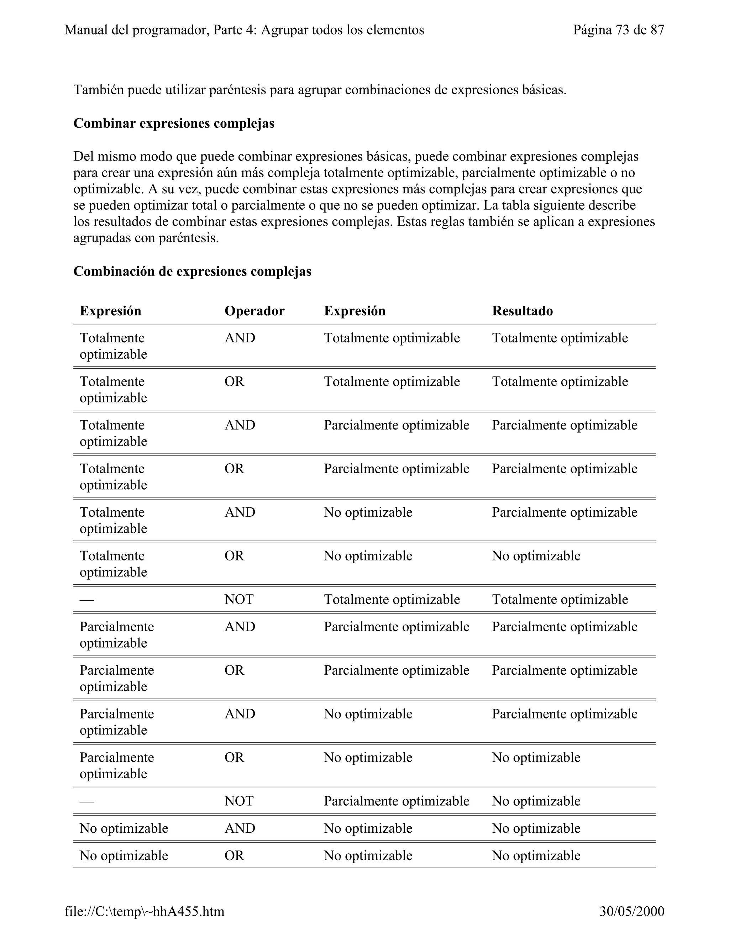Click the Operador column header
[255, 311]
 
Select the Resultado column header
[522, 311]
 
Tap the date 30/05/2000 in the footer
[632, 911]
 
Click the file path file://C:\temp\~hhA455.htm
[144, 911]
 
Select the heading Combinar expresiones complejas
[174, 123]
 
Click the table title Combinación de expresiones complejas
[192, 271]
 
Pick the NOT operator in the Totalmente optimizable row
[239, 599]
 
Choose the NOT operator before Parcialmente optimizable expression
[239, 801]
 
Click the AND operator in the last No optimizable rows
[240, 828]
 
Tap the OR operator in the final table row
[234, 855]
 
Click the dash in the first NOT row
[87, 600]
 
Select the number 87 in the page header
[657, 30]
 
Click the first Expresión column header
[111, 311]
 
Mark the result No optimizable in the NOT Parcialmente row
[536, 801]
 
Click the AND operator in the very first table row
[240, 338]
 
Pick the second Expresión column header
[355, 311]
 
